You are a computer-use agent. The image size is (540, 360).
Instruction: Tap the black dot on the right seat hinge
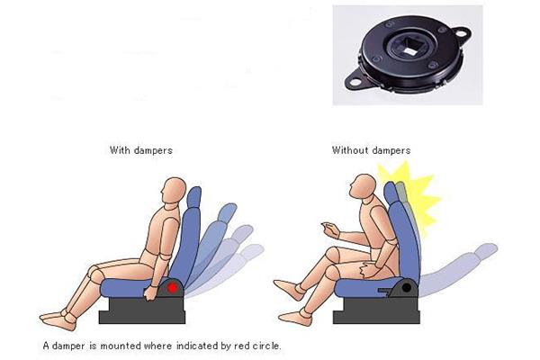pos(407,288)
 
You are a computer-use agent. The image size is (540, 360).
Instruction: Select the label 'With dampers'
pos(140,150)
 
